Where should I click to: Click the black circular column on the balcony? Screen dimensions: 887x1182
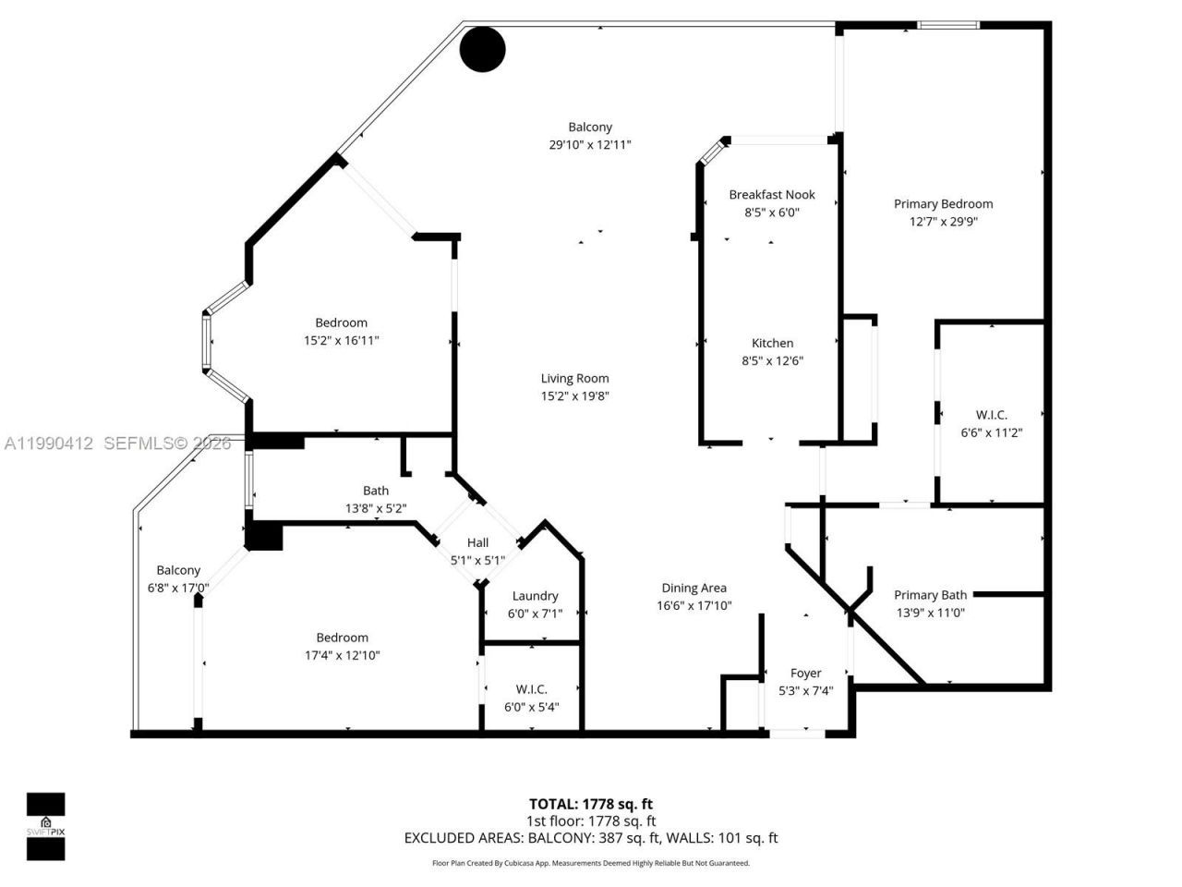coord(483,49)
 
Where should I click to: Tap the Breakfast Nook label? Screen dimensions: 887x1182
coord(772,195)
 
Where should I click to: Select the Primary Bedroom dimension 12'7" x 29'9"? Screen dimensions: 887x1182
coord(943,222)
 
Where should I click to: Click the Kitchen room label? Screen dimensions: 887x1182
coord(772,343)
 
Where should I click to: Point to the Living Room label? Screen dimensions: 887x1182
coord(574,378)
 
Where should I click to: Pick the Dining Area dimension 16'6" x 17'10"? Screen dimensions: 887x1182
coord(694,606)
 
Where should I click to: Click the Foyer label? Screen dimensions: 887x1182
coord(805,673)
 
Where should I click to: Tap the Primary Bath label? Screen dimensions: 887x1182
coord(930,595)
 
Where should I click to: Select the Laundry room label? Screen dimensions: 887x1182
coord(535,596)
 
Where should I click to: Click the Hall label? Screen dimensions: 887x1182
coord(477,542)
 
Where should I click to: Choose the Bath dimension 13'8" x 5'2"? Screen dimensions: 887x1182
coord(376,508)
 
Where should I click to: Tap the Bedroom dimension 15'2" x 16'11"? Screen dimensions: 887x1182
coord(342,340)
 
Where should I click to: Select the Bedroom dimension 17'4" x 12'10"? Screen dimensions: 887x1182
coord(343,655)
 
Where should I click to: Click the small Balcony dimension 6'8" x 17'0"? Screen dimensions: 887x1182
coord(178,588)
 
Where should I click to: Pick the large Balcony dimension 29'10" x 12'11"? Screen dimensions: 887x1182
coord(590,144)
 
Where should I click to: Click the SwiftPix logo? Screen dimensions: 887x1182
coord(45,826)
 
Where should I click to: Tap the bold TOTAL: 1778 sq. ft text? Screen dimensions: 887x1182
coord(591,804)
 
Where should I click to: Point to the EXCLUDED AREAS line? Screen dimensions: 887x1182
coord(591,838)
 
